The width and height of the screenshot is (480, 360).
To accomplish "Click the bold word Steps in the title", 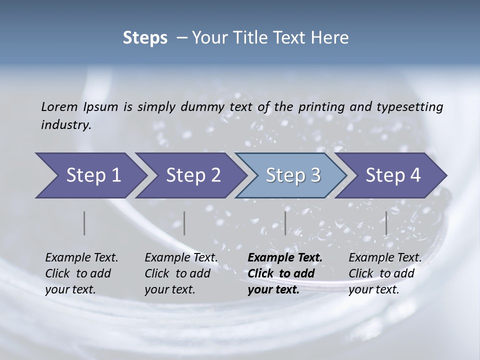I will point(145,38).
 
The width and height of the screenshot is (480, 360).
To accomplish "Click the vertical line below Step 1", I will point(84,223).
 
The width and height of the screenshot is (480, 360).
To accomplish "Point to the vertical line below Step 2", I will point(184,223).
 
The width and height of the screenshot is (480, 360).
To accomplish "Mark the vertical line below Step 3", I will point(285,223).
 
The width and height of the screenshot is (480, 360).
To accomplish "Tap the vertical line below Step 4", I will point(386,223).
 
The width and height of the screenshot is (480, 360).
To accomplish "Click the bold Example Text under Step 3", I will point(285,258).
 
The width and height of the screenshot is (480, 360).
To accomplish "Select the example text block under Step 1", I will point(81,273).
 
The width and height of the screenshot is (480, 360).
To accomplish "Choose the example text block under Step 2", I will point(181,273).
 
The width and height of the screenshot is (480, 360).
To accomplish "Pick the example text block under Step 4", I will point(385,273).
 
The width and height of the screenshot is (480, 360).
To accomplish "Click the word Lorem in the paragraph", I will point(59,107).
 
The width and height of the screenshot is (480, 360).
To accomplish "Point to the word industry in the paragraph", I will point(66,125).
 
